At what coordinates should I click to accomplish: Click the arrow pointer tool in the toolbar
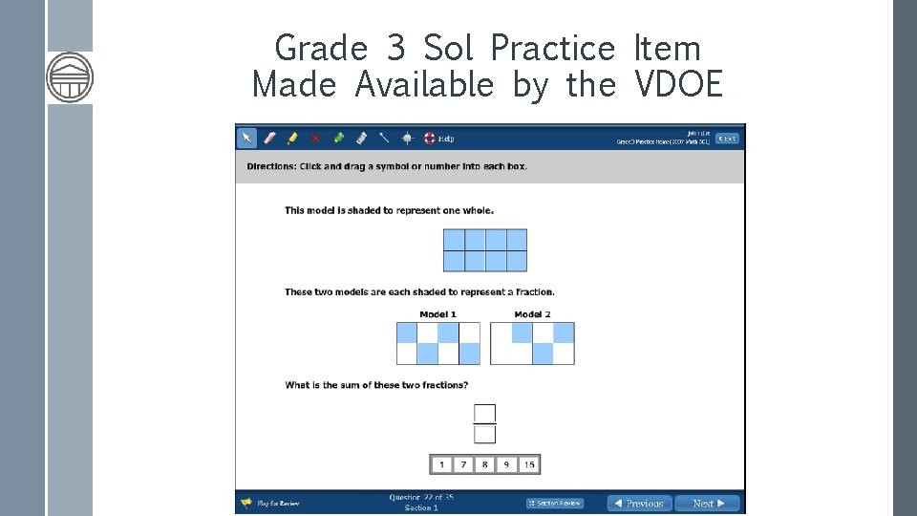coord(246,138)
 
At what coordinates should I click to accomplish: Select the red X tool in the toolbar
coord(315,138)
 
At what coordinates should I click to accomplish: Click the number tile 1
coord(441,464)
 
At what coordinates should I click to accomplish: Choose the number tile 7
coord(463,464)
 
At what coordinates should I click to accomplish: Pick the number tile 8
coord(485,464)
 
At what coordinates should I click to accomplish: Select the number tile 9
coord(506,464)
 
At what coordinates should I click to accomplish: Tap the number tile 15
coord(529,464)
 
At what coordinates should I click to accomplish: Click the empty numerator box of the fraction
coord(485,413)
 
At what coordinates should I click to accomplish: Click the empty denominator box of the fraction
coord(485,434)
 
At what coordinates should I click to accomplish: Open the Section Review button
coord(555,504)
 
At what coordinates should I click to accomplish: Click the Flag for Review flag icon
coord(246,503)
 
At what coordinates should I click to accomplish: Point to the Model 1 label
coord(438,314)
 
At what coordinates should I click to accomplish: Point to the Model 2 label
coord(532,314)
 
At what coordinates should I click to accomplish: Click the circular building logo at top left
coord(70,77)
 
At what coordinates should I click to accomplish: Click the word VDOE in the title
coord(678,85)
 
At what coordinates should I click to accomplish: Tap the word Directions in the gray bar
coord(270,166)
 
